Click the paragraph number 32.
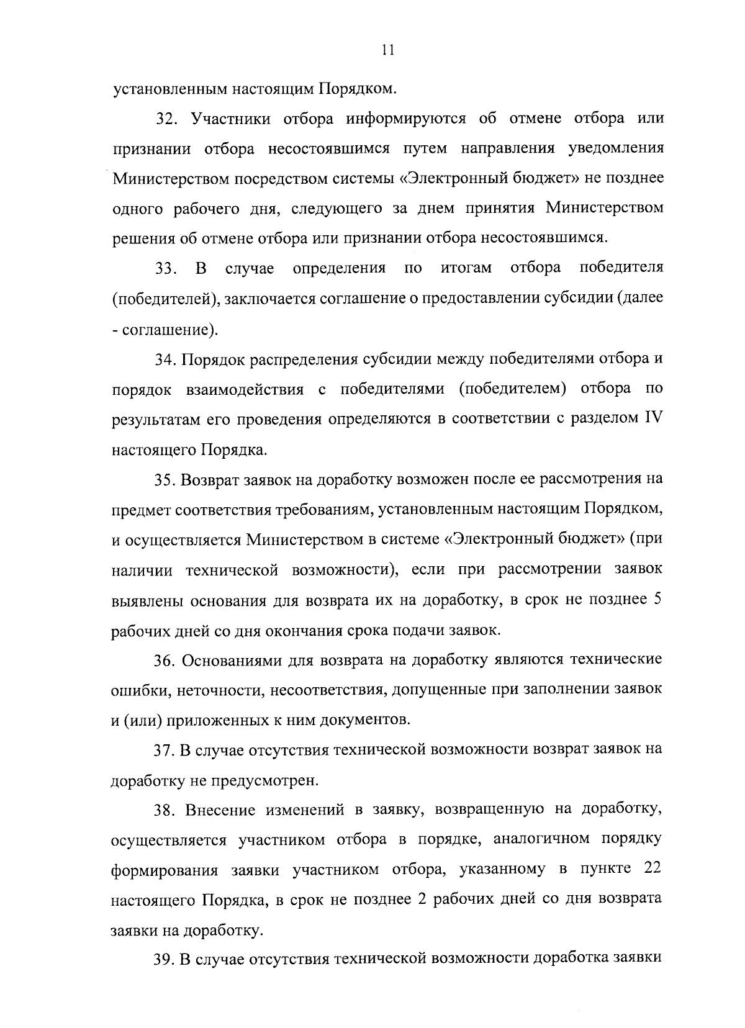coord(167,119)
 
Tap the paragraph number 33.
coord(166,269)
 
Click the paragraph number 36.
coord(166,659)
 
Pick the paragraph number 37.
coord(165,750)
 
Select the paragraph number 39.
coord(165,959)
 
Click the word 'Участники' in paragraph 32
coord(230,119)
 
